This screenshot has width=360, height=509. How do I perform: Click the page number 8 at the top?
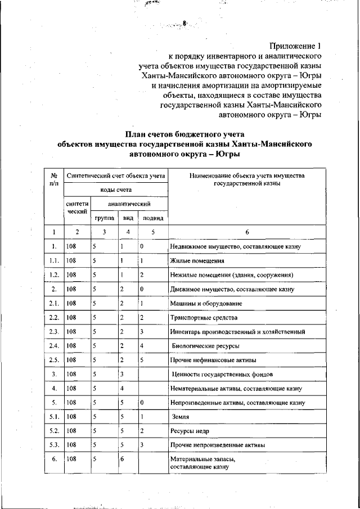point(183,24)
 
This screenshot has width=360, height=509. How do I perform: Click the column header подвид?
point(152,218)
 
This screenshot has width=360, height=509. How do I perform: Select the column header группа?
point(105,218)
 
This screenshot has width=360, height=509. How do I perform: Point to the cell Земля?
point(181,417)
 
